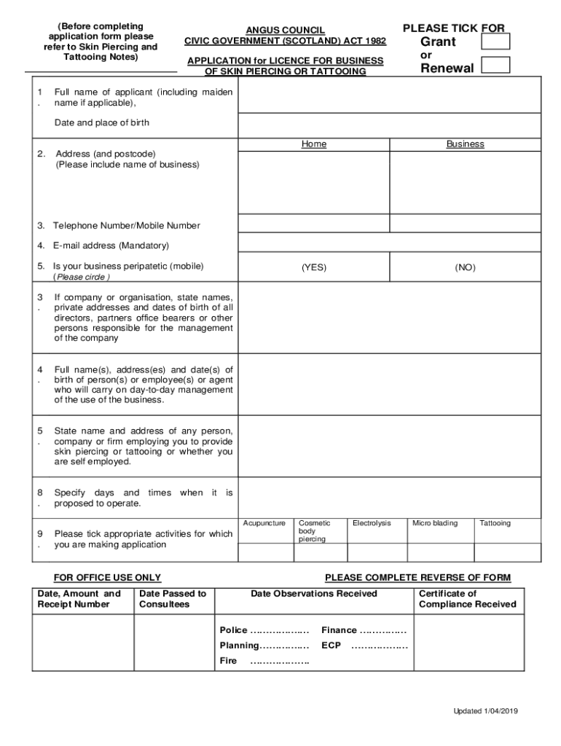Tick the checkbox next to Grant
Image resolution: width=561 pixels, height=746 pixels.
(496, 42)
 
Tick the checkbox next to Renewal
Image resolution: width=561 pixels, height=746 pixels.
(496, 66)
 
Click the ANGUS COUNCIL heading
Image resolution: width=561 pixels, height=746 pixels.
(285, 30)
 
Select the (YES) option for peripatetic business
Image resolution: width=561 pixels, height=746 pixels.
(314, 267)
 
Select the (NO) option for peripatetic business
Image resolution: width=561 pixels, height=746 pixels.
(465, 267)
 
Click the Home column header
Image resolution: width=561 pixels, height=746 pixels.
(314, 144)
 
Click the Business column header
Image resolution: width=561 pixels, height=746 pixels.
(465, 144)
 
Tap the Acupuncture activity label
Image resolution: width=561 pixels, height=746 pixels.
(264, 523)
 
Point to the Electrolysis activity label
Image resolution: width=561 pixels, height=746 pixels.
(372, 523)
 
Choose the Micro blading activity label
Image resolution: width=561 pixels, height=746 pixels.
(435, 523)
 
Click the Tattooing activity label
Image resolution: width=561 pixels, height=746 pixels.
(495, 523)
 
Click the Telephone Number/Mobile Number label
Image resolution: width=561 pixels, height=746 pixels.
(125, 226)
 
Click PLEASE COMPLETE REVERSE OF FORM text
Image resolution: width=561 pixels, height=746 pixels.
(417, 578)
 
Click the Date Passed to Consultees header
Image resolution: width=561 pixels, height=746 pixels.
(173, 599)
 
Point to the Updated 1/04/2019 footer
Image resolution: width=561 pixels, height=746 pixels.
(485, 711)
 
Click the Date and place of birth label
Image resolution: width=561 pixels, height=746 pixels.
(102, 122)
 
